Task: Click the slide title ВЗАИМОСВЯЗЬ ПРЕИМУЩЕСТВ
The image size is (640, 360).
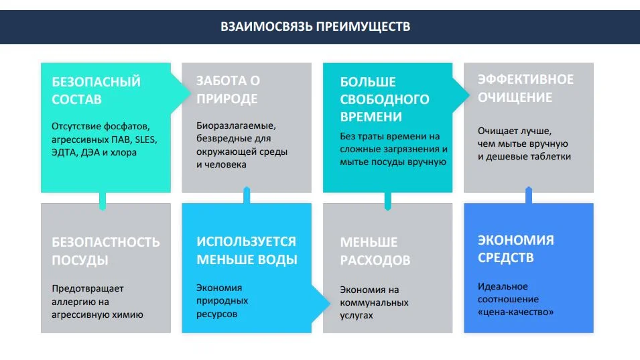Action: [316, 27]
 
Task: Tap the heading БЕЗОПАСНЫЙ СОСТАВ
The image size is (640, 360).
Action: [96, 91]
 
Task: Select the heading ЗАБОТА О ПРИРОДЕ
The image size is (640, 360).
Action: [228, 89]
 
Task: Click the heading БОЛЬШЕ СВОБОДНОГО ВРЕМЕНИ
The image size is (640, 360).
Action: [385, 99]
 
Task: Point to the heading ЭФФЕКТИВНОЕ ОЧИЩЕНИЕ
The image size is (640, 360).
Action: [525, 88]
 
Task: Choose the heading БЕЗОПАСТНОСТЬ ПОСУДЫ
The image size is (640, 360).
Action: [106, 251]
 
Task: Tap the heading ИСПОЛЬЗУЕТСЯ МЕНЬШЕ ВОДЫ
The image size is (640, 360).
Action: [247, 250]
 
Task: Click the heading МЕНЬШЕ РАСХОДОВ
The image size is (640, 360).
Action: [375, 251]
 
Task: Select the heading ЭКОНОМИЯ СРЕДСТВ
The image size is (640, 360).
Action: [515, 249]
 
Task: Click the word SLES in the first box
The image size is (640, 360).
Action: [145, 139]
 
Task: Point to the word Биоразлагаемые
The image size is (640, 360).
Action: [236, 125]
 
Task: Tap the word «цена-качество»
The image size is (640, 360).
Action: [515, 312]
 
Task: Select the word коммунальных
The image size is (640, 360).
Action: [374, 303]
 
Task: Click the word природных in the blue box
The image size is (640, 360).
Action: [222, 301]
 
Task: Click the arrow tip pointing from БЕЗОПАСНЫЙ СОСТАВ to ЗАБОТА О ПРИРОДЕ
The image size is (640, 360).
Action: [190, 93]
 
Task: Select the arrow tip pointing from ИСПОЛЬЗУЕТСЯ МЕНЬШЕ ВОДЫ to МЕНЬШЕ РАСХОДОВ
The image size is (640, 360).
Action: [330, 303]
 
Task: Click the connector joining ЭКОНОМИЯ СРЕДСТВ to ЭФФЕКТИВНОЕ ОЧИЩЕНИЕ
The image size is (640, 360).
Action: [529, 195]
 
